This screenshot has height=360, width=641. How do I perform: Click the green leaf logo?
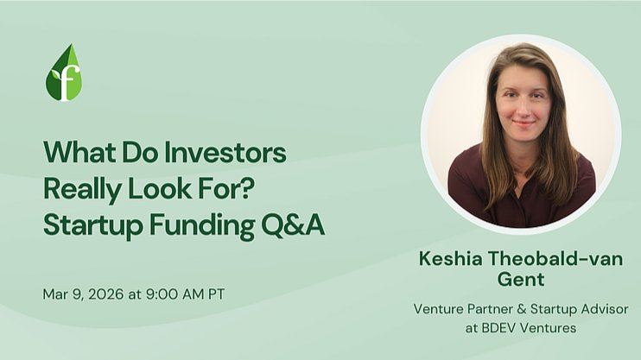[64, 73]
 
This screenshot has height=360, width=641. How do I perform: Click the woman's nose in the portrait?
[523, 109]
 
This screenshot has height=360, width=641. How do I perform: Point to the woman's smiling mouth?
[523, 123]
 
